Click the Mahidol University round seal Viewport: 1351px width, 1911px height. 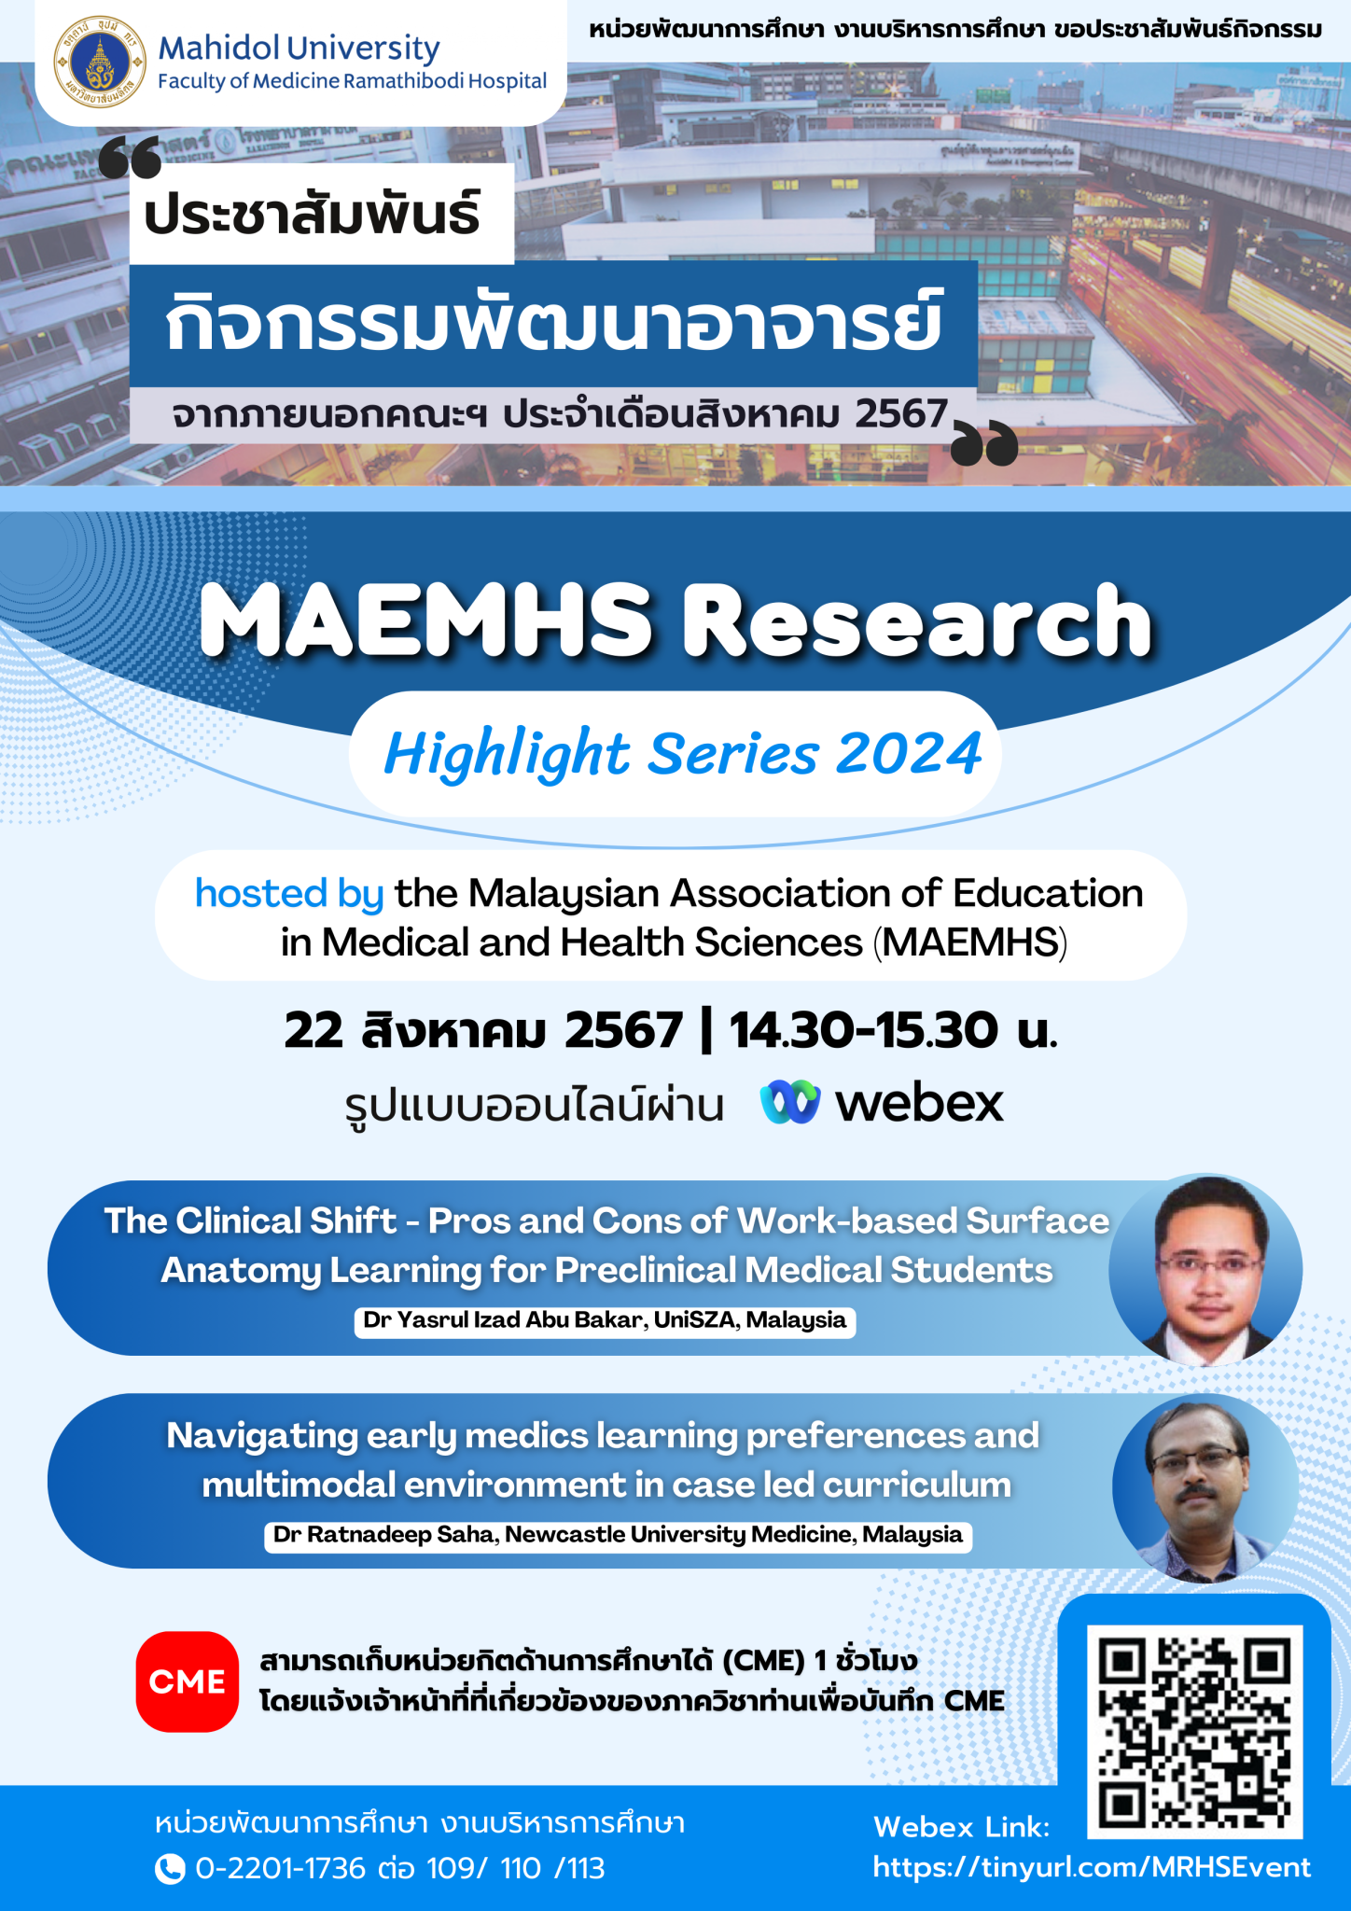click(x=100, y=62)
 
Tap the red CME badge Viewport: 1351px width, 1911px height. click(x=187, y=1681)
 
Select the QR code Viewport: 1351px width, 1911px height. click(x=1194, y=1731)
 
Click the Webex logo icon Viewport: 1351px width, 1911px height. click(x=789, y=1102)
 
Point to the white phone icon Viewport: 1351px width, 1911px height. click(x=169, y=1869)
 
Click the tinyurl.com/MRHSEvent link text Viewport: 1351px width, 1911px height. click(x=1092, y=1867)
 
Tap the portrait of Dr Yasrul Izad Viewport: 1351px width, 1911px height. click(x=1205, y=1270)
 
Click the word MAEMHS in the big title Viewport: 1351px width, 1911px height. click(x=426, y=621)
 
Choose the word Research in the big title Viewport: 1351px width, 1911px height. click(x=918, y=621)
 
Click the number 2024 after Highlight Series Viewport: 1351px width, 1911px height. click(x=909, y=753)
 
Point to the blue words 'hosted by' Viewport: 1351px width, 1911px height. click(x=289, y=894)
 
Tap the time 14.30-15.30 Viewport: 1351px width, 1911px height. click(x=863, y=1031)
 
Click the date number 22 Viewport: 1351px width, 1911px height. click(x=313, y=1031)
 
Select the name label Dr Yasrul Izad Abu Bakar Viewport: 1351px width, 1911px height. click(x=605, y=1321)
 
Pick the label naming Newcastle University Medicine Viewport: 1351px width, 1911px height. click(x=618, y=1536)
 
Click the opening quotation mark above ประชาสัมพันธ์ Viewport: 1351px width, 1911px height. click(x=130, y=158)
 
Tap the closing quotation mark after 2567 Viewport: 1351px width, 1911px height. click(x=984, y=443)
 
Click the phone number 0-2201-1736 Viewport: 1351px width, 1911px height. click(x=280, y=1869)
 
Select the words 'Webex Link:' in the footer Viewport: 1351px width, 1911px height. click(x=962, y=1827)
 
